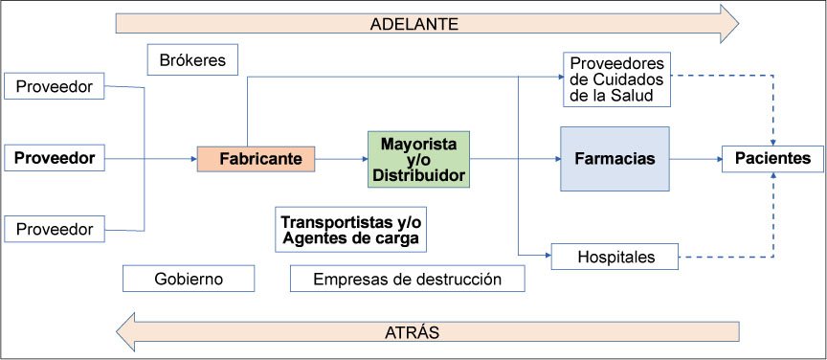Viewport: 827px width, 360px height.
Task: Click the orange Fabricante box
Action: tap(256, 159)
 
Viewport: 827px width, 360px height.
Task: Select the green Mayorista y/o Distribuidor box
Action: tap(418, 159)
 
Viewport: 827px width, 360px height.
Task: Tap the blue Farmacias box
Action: tap(615, 158)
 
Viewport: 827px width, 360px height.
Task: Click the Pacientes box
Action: tap(772, 158)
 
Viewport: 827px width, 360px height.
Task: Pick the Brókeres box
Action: tap(192, 59)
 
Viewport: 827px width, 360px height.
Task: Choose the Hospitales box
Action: tap(615, 257)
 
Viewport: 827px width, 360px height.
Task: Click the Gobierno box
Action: tap(189, 279)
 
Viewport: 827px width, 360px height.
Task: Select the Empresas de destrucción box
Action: tap(407, 279)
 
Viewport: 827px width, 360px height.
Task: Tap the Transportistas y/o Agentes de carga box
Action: tap(350, 230)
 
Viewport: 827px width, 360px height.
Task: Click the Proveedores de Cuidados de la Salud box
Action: tap(616, 79)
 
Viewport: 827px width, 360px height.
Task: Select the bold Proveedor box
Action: tap(55, 158)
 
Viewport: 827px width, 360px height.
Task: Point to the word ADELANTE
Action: tap(414, 24)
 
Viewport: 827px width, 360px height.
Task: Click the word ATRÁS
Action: tap(413, 332)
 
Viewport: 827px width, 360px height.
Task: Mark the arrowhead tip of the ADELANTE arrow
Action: tap(738, 24)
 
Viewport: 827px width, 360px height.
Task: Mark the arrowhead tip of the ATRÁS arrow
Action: tap(117, 332)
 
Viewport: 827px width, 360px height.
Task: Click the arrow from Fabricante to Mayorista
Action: tap(342, 159)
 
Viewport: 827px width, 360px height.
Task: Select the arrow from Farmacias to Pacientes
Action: tap(696, 158)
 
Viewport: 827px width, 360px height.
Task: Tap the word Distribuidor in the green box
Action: tap(418, 176)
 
